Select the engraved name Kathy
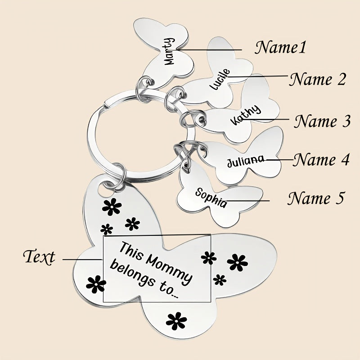[245, 115]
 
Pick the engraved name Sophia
[211, 198]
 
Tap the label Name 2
[318, 80]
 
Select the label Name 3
[322, 121]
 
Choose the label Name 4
[320, 160]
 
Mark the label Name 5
[316, 198]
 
